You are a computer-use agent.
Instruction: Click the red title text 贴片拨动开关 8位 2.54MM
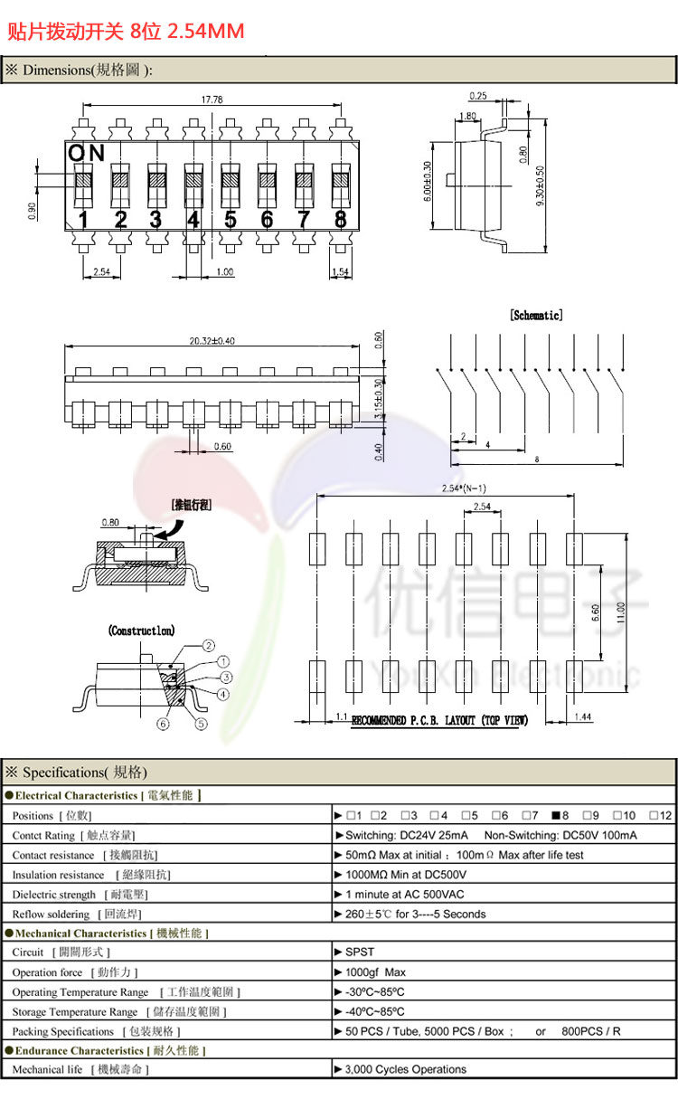click(126, 32)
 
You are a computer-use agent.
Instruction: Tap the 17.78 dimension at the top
click(212, 100)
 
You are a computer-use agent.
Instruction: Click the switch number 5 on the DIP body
click(230, 219)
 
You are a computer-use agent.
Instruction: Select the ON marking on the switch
click(87, 153)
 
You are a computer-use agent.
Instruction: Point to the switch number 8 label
click(340, 219)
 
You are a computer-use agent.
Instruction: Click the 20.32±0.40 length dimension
click(212, 341)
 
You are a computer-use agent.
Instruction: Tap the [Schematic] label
click(536, 315)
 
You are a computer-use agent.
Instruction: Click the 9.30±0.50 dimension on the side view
click(541, 186)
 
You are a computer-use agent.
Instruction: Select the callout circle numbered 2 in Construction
click(208, 646)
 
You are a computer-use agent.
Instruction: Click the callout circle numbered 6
click(163, 723)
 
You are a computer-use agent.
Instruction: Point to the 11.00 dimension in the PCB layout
click(621, 612)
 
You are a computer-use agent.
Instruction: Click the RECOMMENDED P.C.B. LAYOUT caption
click(439, 720)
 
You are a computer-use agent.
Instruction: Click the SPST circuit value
click(359, 952)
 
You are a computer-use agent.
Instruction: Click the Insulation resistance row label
click(58, 875)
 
